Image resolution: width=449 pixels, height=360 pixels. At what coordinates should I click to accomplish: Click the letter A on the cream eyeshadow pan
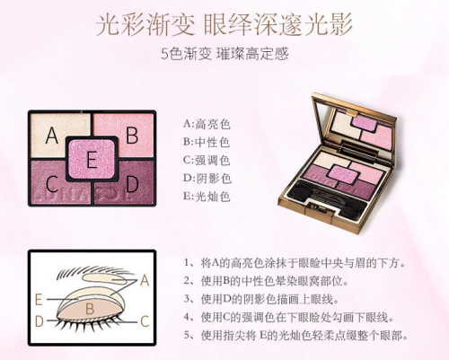(51, 136)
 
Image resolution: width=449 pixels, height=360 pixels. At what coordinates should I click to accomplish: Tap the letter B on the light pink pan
(132, 136)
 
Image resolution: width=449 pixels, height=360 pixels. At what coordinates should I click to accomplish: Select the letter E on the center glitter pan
(92, 160)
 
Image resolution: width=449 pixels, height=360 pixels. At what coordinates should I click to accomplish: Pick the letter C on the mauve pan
(52, 184)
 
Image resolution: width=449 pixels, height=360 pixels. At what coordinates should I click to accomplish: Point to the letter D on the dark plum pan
(132, 184)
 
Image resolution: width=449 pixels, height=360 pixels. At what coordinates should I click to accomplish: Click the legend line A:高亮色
(207, 124)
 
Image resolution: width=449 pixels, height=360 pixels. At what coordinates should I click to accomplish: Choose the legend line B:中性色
(207, 142)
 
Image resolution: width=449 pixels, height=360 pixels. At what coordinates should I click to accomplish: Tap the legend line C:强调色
(207, 161)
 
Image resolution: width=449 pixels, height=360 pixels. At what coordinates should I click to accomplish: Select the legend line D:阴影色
(207, 179)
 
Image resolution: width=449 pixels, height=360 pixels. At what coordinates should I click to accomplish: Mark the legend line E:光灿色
(207, 197)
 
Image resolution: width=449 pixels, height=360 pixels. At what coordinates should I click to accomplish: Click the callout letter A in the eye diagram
(145, 280)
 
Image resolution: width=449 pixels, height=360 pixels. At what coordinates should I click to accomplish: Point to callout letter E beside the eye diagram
(39, 300)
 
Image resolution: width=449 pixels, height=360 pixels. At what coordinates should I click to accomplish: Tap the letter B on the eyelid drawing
(90, 309)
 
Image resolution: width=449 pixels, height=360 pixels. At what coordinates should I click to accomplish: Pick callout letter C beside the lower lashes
(145, 322)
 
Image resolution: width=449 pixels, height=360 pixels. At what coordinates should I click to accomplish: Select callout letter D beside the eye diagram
(40, 321)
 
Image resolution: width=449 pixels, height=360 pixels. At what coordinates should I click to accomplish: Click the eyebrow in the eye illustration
(87, 270)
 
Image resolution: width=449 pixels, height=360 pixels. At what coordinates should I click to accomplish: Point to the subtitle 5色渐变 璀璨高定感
(224, 54)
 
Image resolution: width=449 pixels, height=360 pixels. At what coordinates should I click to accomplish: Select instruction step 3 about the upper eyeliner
(261, 299)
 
